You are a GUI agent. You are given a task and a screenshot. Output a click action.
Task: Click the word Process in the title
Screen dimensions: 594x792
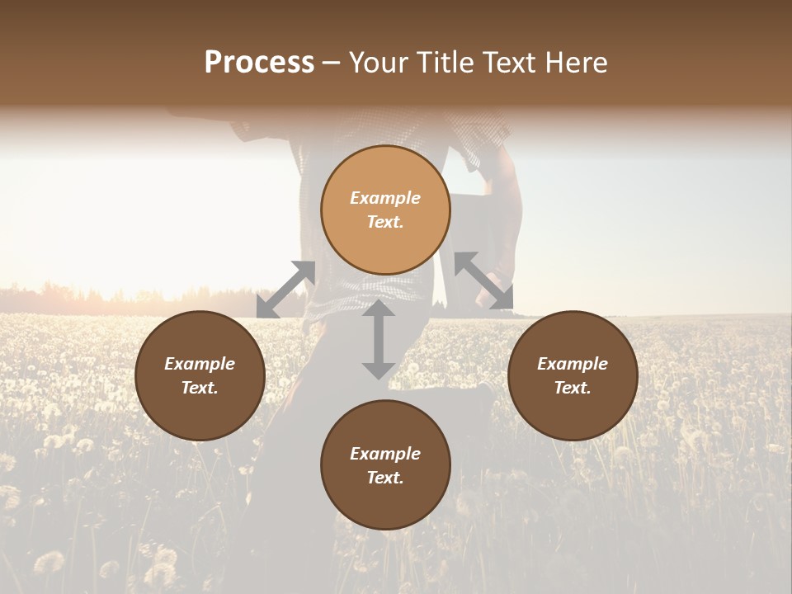(259, 63)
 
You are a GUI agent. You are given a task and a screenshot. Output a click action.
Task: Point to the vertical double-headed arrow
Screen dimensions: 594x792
(379, 339)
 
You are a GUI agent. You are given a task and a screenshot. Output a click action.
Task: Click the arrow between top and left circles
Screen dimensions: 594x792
(285, 290)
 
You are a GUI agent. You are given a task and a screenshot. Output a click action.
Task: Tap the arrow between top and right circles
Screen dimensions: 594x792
(483, 280)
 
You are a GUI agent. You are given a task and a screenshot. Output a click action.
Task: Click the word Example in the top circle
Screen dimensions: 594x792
(385, 198)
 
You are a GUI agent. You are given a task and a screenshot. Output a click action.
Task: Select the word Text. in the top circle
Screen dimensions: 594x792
(385, 222)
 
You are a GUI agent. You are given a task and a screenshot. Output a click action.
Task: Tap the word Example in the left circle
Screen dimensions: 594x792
(200, 364)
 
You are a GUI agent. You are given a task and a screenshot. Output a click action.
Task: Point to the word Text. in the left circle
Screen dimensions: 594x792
(200, 388)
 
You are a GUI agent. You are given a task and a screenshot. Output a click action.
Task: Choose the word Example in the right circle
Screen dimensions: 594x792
(573, 364)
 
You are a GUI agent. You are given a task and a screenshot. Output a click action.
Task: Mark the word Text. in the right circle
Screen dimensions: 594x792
(573, 388)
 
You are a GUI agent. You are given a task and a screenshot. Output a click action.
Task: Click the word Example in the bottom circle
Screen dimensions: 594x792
(385, 454)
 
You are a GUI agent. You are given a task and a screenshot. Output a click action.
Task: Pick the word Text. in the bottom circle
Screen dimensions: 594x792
(385, 478)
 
